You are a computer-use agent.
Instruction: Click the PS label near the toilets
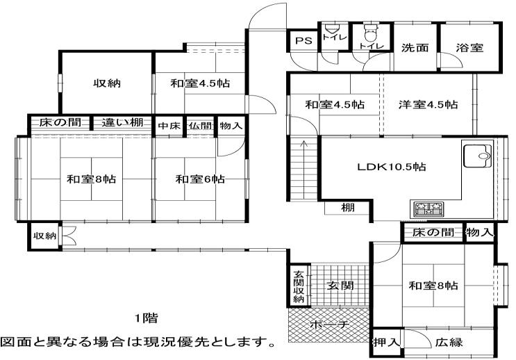[x=303, y=41]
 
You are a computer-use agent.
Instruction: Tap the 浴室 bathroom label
[x=469, y=48]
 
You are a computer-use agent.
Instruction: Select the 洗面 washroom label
[x=415, y=48]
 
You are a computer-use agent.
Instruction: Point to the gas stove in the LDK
[x=428, y=208]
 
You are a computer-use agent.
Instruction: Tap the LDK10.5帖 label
[x=392, y=167]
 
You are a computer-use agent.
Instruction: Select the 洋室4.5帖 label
[x=428, y=105]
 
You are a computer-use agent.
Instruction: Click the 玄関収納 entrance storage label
[x=299, y=286]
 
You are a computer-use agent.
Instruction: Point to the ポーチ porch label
[x=329, y=325]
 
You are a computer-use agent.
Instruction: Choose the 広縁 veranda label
[x=449, y=343]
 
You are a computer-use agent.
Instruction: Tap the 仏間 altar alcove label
[x=201, y=126]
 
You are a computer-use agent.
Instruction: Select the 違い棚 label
[x=122, y=122]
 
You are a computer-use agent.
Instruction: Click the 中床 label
[x=169, y=126]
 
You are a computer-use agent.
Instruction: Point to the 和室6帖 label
[x=200, y=179]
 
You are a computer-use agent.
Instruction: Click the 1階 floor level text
[x=147, y=318]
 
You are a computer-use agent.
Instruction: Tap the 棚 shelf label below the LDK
[x=347, y=208]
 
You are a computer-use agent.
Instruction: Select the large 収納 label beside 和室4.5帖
[x=107, y=83]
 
